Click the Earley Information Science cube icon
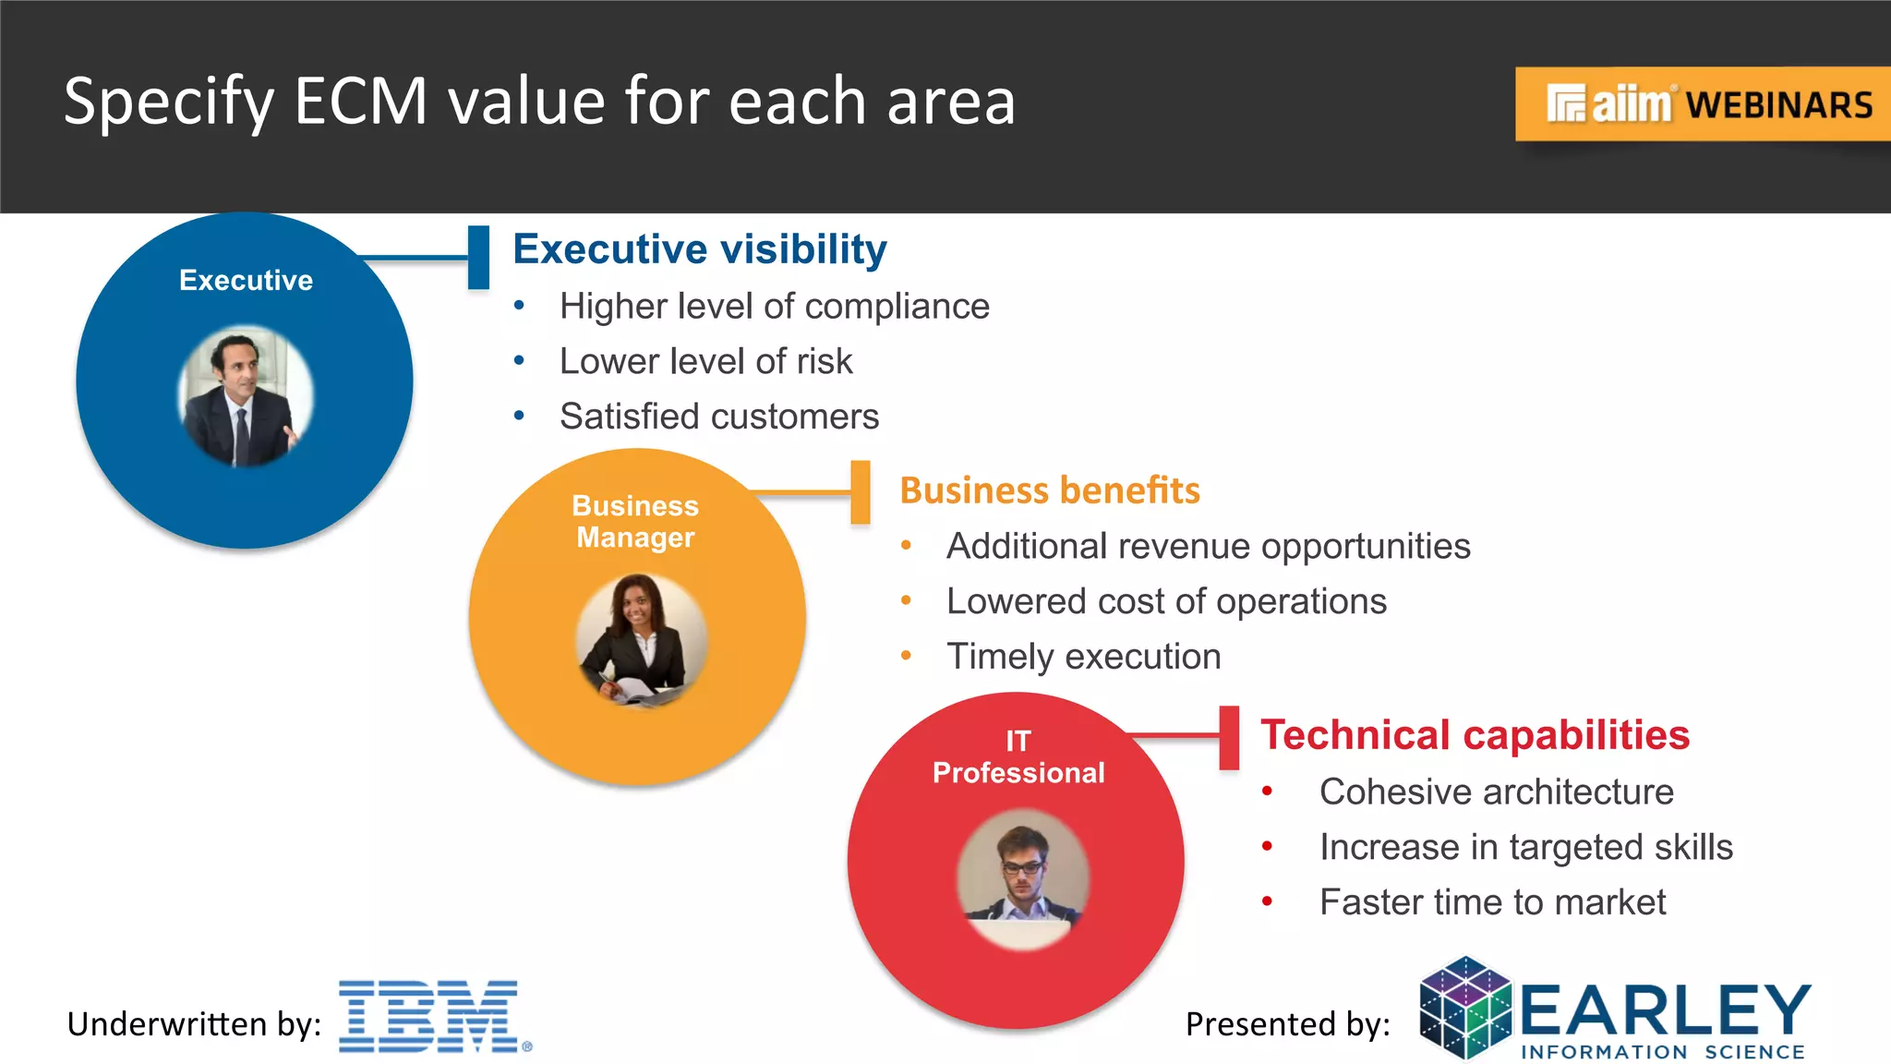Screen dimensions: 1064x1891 [x=1465, y=1009]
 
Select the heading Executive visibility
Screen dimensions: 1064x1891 [x=700, y=249]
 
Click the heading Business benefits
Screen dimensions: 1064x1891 [x=1050, y=490]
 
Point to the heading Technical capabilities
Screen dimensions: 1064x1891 [x=1475, y=735]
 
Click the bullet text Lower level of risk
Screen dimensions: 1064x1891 [x=705, y=361]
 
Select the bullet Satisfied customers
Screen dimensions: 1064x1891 [x=718, y=417]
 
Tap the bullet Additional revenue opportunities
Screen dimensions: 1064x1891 [x=1208, y=546]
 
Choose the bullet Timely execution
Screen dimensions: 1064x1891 [x=1083, y=657]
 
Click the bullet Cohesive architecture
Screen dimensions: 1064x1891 [x=1496, y=792]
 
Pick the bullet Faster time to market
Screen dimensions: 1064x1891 [x=1492, y=902]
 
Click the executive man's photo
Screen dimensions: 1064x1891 [x=245, y=396]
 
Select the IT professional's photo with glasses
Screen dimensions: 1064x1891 [x=1022, y=878]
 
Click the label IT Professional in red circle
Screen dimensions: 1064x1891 [x=1018, y=757]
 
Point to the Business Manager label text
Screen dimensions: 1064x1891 [x=635, y=522]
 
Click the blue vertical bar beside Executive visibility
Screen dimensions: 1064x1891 [x=478, y=258]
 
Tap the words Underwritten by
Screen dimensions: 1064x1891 [x=194, y=1024]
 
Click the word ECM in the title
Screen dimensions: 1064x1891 [x=361, y=101]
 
